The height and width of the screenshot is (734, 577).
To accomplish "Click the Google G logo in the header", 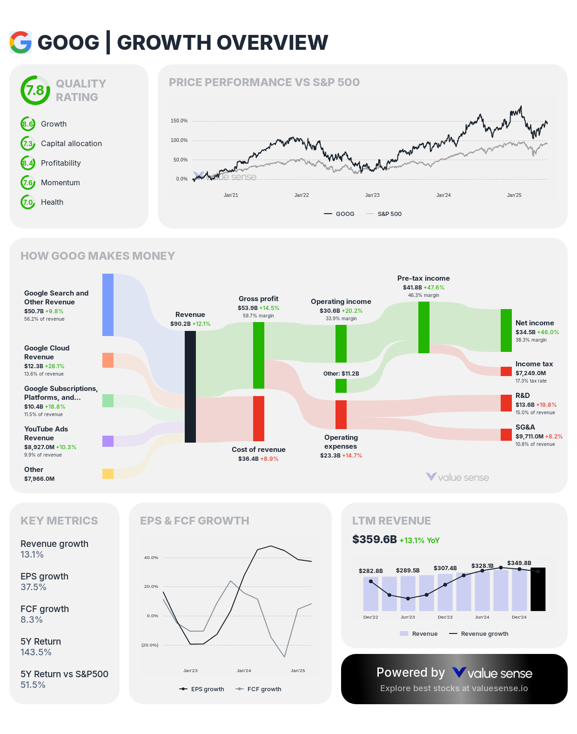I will (x=20, y=42).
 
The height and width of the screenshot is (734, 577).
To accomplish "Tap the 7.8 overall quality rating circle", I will (x=35, y=90).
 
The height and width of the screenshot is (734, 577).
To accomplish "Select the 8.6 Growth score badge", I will (x=28, y=124).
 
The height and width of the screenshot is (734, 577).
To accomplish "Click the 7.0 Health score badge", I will (x=28, y=202).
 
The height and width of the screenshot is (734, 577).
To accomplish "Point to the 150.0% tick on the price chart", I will (x=179, y=121).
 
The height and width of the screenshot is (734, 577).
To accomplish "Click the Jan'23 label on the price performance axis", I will (x=372, y=195).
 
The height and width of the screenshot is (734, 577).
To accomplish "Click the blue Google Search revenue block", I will (x=108, y=305).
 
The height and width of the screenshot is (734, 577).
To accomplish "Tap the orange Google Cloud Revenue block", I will (x=108, y=360).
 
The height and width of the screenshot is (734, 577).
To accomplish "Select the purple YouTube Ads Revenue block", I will (x=108, y=441).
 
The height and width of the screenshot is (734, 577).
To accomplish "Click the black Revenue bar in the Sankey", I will (x=190, y=386).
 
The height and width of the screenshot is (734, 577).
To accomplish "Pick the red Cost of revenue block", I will (x=259, y=418).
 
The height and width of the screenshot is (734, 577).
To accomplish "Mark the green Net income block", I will (x=506, y=330).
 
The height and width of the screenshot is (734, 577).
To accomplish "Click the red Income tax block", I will (x=506, y=371).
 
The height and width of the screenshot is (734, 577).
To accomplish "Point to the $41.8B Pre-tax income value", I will (x=412, y=288).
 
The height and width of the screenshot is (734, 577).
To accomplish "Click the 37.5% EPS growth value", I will (x=33, y=587).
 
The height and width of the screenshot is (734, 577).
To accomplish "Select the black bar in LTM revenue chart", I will (x=538, y=589).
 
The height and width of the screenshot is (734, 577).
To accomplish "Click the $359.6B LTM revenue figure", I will (x=375, y=539).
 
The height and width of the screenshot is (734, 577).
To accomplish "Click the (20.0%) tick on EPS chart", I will (x=150, y=645).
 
